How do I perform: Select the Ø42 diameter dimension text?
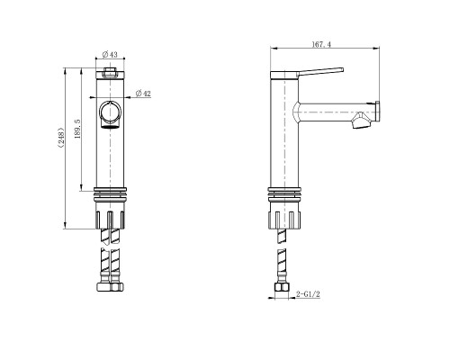pyautogui.click(x=142, y=94)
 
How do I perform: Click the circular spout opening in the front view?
pyautogui.click(x=109, y=113)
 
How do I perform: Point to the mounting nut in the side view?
pyautogui.click(x=283, y=216)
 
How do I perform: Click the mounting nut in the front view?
pyautogui.click(x=109, y=216)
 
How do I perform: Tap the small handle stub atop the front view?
pyautogui.click(x=109, y=70)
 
